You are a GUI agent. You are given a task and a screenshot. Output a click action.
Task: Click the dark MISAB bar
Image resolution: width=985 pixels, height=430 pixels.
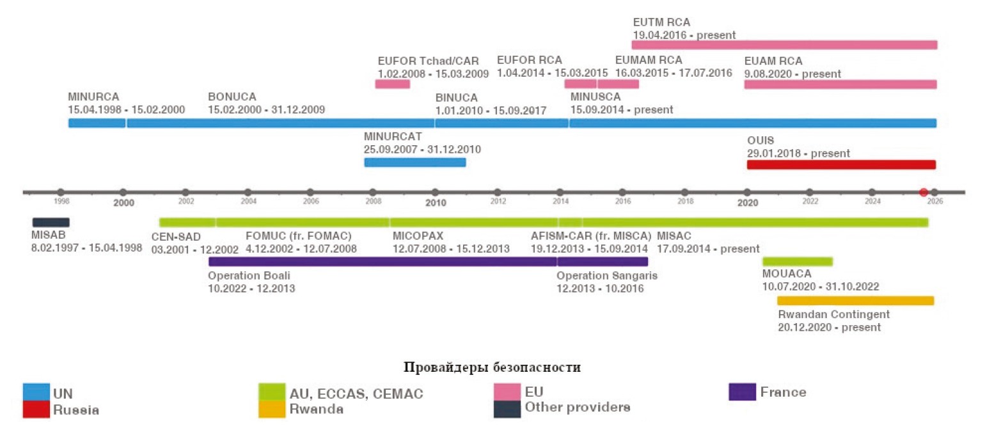pos(51,222)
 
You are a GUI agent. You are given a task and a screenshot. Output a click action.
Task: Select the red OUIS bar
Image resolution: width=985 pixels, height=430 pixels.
pos(841,164)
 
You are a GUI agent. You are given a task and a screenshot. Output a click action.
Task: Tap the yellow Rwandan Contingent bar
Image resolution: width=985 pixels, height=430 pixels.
pos(855,300)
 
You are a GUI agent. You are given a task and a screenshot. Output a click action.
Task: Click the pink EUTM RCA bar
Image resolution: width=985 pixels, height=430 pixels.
pos(784,45)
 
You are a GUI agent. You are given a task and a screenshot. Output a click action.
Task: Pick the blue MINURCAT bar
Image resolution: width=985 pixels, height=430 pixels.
pos(415,162)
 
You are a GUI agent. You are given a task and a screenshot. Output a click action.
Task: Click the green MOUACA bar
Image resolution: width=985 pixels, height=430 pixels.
pos(798,261)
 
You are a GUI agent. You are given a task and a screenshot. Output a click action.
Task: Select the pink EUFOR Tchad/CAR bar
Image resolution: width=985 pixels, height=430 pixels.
pos(392,84)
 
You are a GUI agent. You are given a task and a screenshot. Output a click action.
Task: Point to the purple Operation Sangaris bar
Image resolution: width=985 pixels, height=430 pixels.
pos(603,261)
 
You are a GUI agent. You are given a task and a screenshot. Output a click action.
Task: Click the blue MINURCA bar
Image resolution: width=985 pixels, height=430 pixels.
pos(97,123)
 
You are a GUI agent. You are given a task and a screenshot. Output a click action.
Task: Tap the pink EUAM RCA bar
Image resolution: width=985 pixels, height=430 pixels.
pos(840,84)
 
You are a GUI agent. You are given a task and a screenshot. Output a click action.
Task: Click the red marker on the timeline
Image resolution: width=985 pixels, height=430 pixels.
pos(924,192)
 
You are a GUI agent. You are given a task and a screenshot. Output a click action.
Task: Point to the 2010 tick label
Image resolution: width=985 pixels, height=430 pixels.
pos(435,203)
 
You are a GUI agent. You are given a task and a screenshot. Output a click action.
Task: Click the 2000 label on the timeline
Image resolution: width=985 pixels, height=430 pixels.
pos(123,203)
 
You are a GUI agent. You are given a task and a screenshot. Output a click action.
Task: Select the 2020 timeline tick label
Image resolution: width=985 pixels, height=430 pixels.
pos(747,203)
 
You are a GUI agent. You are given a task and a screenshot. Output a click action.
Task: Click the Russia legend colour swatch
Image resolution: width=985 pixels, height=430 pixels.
pos(37,409)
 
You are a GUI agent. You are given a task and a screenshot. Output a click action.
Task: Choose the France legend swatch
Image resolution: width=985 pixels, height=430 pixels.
pos(742,392)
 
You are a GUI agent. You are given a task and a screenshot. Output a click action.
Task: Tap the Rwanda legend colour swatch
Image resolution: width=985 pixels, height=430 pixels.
pos(272,409)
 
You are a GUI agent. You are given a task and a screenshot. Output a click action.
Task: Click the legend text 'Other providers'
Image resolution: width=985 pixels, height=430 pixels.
pos(577,408)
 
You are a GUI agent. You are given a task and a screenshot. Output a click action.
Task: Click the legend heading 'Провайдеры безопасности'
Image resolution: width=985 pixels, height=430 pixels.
pos(492,367)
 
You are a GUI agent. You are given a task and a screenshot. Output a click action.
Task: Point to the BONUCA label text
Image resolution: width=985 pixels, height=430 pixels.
pos(232,97)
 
